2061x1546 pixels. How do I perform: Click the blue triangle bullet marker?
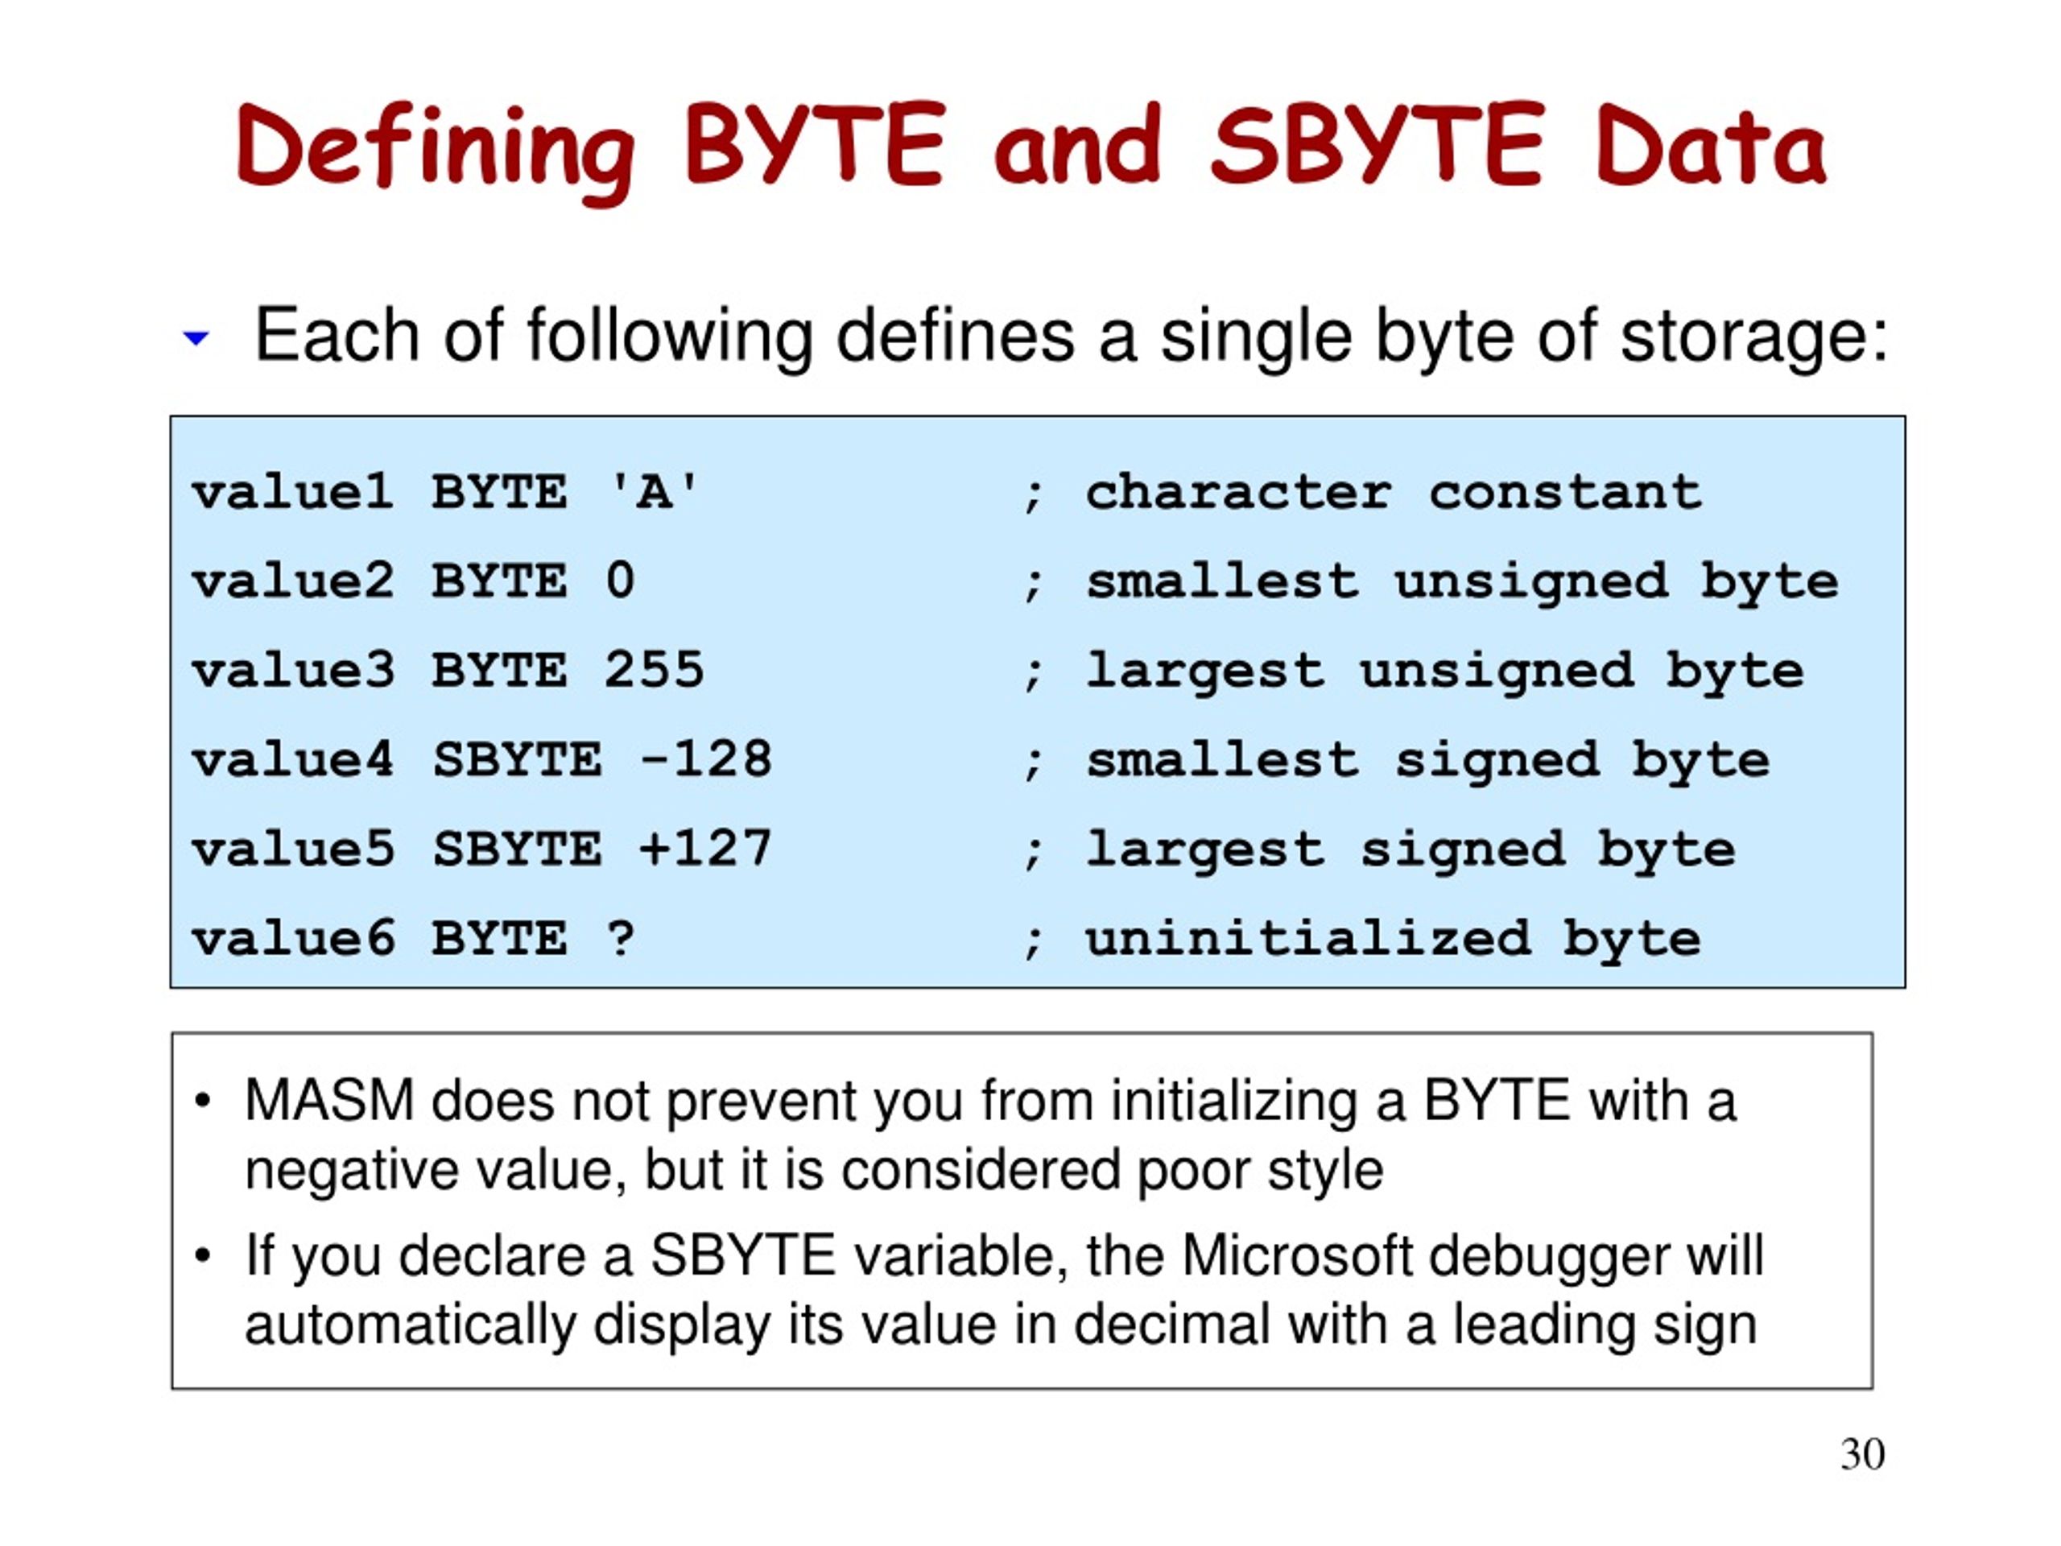[196, 338]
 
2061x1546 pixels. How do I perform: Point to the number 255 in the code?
[653, 670]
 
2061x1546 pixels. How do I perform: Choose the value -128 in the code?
[705, 759]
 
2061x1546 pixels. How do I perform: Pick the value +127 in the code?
[705, 849]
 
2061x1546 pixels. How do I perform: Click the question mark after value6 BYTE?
[620, 938]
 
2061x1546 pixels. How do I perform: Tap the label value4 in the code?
[291, 759]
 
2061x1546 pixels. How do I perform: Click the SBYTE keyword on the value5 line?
[516, 849]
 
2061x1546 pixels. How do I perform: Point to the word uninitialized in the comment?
[1307, 938]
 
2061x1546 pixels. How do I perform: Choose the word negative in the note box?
[350, 1171]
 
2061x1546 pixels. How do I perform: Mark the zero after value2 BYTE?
[620, 581]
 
